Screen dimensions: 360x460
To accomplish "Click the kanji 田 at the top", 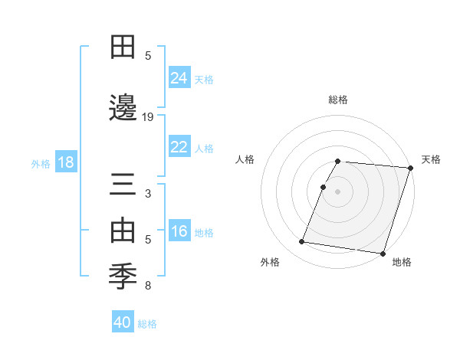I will tap(123, 47).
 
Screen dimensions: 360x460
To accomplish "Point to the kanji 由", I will tap(123, 229).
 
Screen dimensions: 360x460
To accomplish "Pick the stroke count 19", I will tap(148, 117).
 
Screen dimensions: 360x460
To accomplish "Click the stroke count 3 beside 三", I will tap(148, 194).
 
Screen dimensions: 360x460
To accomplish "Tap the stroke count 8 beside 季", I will tap(148, 286).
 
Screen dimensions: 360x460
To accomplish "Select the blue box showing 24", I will tap(179, 77).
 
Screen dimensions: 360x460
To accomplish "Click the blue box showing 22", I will tap(179, 147).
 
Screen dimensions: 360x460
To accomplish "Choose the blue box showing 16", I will tap(179, 231).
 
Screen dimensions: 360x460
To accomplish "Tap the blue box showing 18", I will tap(65, 162).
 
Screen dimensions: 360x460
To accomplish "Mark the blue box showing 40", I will tap(123, 322).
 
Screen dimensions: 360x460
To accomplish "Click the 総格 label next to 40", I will tap(148, 324).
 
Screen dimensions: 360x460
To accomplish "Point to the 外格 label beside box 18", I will tap(41, 163).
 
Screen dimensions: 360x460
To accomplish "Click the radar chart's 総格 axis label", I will tap(337, 100).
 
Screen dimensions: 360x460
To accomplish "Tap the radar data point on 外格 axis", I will tap(302, 242).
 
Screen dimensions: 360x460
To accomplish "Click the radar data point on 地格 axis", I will tap(382, 254).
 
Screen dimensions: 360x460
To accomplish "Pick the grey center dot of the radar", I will tap(337, 191).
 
